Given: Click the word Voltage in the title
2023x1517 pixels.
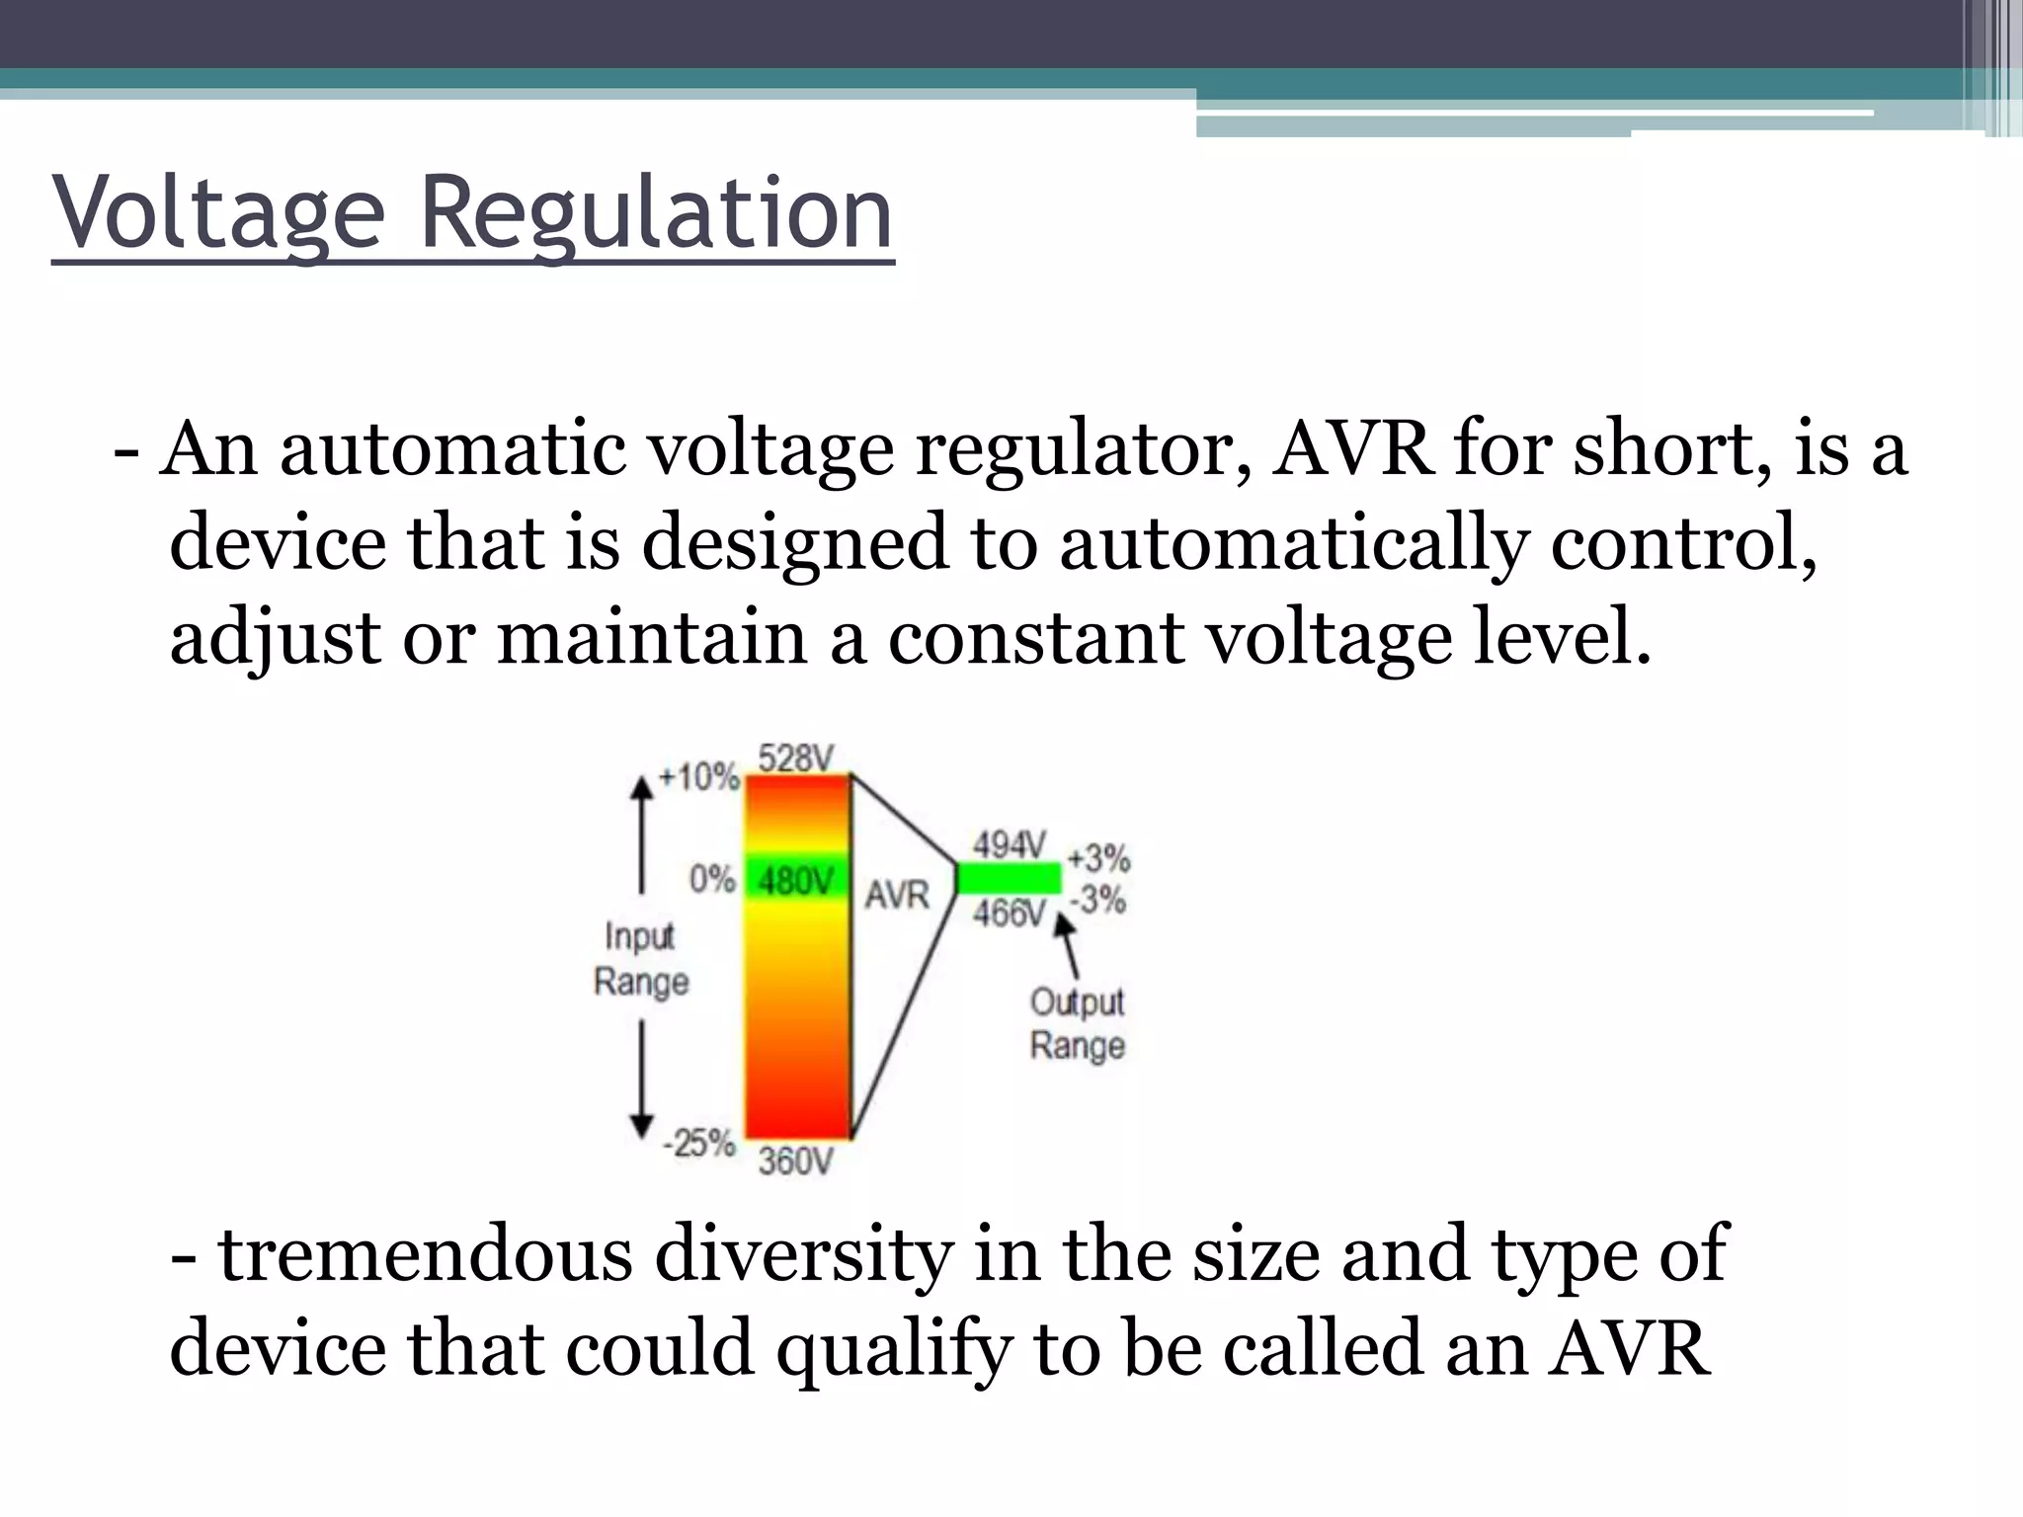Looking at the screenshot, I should click(218, 213).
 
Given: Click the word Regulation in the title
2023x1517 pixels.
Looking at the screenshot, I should click(656, 213).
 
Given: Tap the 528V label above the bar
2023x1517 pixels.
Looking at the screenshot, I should click(795, 758).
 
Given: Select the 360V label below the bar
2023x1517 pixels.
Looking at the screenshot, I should click(795, 1161).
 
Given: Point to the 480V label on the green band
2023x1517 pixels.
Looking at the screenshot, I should click(795, 880).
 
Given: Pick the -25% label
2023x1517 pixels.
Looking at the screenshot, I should click(699, 1144).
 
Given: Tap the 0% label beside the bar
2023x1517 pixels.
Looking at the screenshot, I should click(712, 878).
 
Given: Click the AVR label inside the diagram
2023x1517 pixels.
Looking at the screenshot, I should click(897, 895).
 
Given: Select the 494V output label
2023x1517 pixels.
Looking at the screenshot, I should click(1009, 845).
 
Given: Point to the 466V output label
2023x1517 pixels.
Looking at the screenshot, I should click(1009, 914).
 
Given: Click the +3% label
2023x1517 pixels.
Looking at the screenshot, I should click(1098, 857).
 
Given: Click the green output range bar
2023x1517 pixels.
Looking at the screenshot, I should click(1009, 878).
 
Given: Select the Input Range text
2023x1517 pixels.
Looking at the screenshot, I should click(641, 958).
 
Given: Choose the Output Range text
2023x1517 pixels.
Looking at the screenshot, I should click(1077, 1023).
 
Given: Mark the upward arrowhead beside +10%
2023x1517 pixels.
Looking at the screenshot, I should click(642, 787).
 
